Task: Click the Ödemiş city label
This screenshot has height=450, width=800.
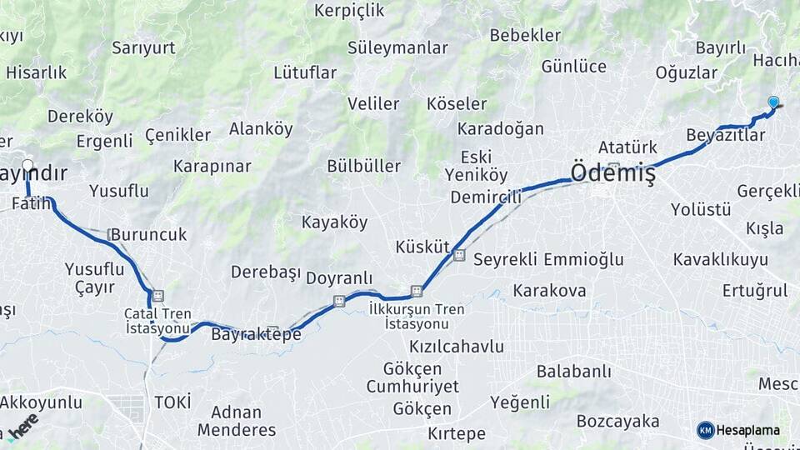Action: pos(612,173)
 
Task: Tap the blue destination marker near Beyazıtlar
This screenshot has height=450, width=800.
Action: pos(773,102)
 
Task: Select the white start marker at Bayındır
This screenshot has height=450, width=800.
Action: pos(27,165)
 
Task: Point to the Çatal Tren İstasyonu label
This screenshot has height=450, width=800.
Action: pos(158,321)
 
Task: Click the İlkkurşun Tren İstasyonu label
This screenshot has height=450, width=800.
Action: pos(417,316)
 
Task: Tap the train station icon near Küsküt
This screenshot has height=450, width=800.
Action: pos(459,256)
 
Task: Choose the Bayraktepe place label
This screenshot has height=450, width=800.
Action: pos(256,335)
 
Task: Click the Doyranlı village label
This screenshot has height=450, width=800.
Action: pos(339,278)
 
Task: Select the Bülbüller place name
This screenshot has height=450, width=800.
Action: pos(363,166)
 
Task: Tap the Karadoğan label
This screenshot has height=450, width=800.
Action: pos(500,129)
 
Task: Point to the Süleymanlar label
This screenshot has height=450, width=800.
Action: pos(397,47)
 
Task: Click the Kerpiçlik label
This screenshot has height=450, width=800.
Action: pos(349,11)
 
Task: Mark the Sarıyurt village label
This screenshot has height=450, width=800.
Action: pos(143,47)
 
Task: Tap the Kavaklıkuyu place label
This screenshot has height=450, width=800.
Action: pos(720,259)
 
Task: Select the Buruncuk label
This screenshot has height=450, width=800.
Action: pos(148,235)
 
